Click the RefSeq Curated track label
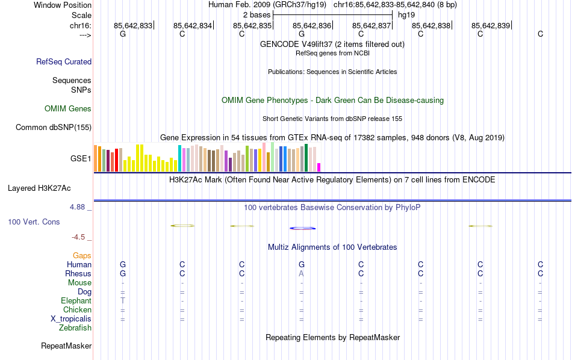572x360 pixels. (x=64, y=61)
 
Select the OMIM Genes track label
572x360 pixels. (x=68, y=109)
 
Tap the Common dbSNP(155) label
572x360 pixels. (x=54, y=128)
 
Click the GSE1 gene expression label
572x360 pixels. (x=81, y=159)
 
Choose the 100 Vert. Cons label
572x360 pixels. (x=34, y=222)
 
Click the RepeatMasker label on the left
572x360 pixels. (x=66, y=346)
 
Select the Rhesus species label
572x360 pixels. (x=78, y=274)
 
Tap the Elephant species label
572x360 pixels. (x=76, y=301)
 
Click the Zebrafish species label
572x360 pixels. (x=75, y=328)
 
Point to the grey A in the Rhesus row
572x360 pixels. (x=301, y=274)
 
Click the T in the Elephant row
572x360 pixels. (x=123, y=301)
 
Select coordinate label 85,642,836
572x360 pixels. (x=312, y=26)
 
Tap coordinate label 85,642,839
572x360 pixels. (x=491, y=26)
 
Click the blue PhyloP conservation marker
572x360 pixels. (x=302, y=228)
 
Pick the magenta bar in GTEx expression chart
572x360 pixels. (x=319, y=167)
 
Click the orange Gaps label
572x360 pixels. (x=82, y=256)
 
